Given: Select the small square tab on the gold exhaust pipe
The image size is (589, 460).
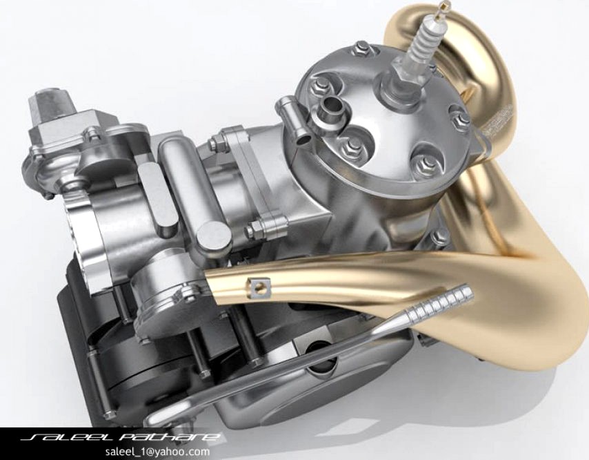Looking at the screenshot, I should coord(259,284).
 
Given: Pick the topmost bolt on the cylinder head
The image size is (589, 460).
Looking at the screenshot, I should coord(362,48).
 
